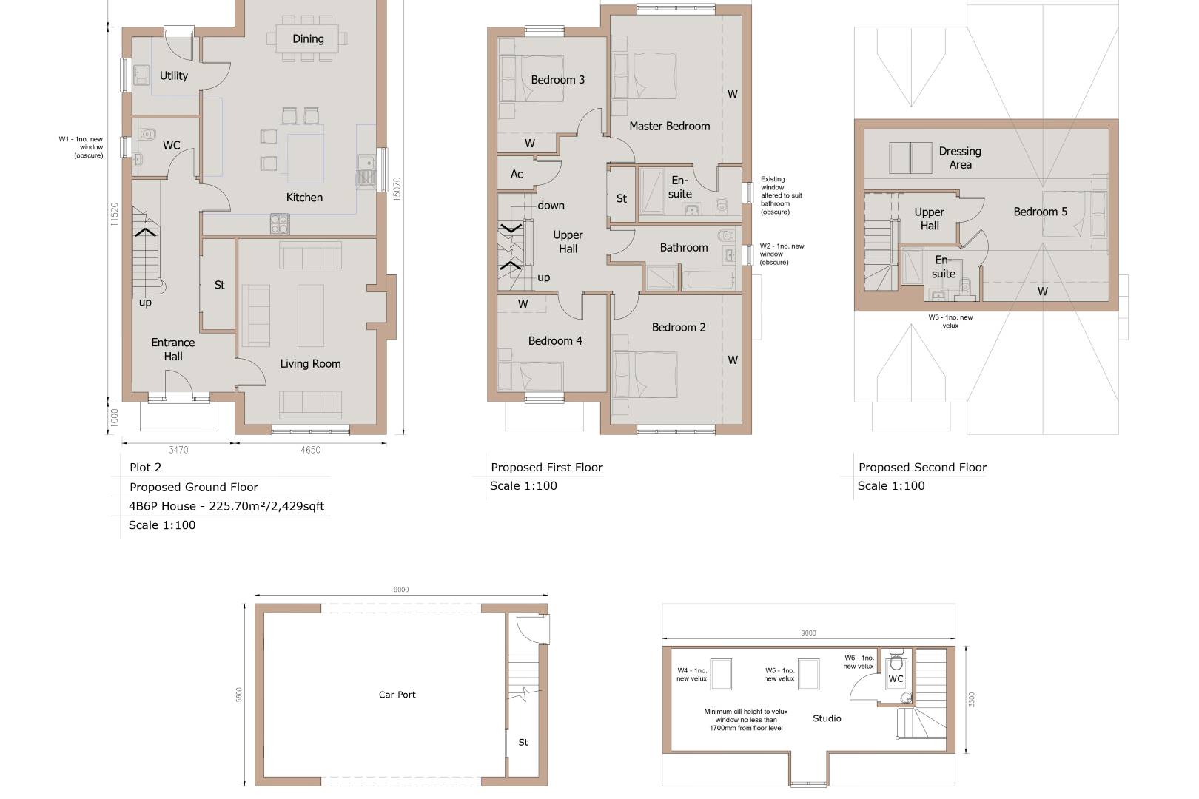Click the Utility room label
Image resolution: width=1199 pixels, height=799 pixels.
174,75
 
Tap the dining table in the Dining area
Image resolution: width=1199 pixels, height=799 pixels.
308,39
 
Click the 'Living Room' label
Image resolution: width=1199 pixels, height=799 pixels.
310,363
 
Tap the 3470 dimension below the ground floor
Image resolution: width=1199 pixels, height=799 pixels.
178,450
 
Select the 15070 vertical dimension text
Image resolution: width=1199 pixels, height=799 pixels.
397,189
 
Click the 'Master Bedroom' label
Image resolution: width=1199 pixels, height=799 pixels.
669,126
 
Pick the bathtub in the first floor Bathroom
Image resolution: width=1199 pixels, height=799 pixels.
708,280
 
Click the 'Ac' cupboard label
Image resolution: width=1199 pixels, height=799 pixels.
517,174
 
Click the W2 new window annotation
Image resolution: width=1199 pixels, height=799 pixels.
781,254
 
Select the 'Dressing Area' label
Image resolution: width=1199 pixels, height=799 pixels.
960,158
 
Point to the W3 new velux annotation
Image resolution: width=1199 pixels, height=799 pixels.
950,321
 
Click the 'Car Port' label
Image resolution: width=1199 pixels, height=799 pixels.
397,695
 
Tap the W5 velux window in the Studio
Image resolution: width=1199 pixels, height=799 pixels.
808,674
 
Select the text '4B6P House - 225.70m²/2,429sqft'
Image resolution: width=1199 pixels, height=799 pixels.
226,506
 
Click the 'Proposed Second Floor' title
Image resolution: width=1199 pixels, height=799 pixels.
922,467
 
